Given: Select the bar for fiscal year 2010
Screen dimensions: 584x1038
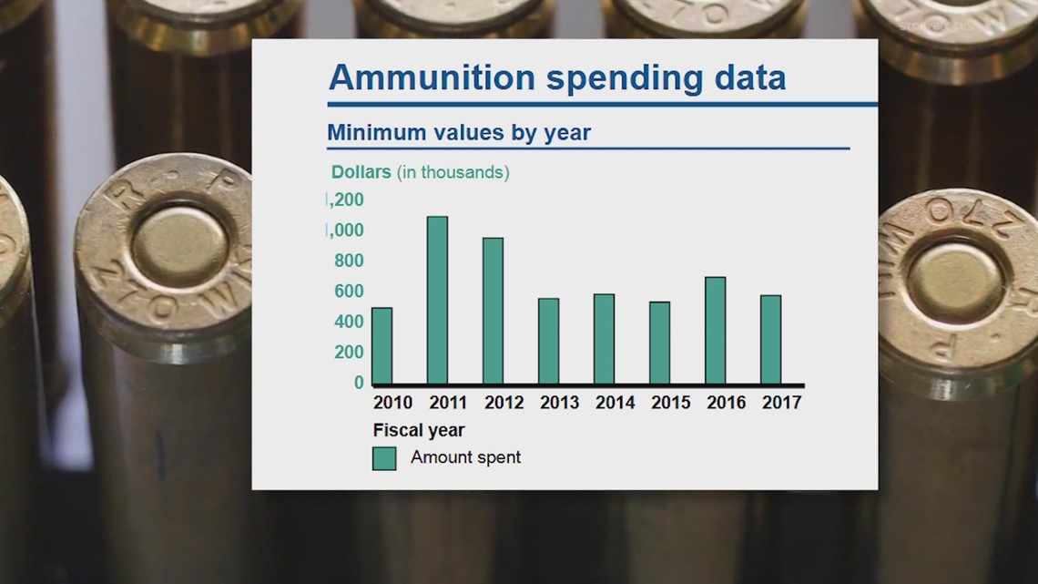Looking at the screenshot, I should tap(382, 346).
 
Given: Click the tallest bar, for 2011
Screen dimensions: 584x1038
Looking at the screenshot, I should tap(437, 301).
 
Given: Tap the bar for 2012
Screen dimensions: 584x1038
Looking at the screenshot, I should tap(493, 312).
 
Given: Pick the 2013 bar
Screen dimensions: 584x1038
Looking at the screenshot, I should tap(548, 342).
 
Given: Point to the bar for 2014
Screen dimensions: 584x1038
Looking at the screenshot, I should tap(604, 339).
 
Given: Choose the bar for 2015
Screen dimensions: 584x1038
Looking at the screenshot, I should tap(659, 343).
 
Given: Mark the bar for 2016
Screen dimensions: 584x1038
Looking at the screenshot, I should tap(715, 331).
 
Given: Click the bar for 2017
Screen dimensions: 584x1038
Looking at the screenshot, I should tap(770, 340).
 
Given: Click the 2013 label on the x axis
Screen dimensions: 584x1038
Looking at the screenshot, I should tap(558, 403).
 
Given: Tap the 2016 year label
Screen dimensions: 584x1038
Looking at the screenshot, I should tap(726, 403).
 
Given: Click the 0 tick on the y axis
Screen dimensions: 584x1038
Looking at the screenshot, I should tap(359, 383).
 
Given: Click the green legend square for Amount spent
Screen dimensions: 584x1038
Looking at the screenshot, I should tap(384, 458).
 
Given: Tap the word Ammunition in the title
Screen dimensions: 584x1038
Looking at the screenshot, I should tap(432, 78).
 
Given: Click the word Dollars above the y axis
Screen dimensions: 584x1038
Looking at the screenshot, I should tap(361, 172).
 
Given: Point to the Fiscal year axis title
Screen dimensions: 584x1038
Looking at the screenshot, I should tap(419, 430).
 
